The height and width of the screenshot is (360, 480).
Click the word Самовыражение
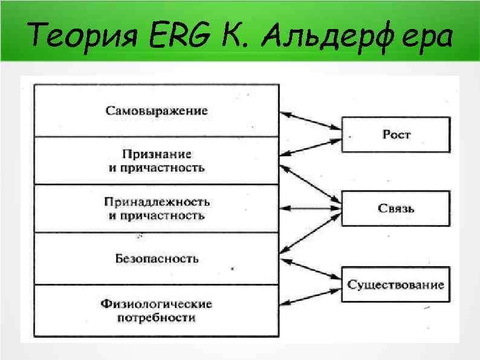pos(157,111)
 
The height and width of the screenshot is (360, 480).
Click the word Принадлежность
pos(157,202)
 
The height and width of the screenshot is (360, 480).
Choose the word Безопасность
pos(157,258)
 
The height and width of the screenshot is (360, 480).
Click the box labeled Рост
pos(396,134)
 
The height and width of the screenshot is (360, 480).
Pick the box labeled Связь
pos(396,208)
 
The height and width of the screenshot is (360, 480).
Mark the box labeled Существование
pos(396,284)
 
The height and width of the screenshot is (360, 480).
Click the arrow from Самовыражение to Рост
pos(310,120)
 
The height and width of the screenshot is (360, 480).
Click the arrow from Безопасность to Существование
pos(310,269)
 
